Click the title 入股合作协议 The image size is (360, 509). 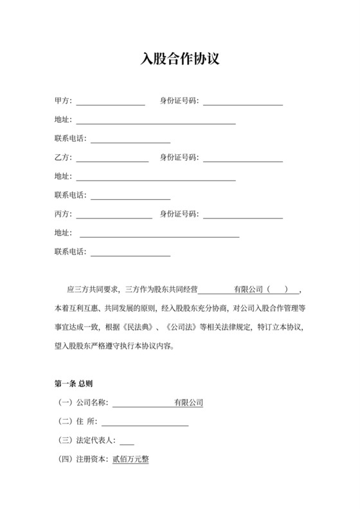pos(180,60)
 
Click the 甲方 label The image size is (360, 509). pos(63,101)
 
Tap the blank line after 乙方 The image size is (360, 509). pos(112,157)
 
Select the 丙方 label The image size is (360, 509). pos(63,214)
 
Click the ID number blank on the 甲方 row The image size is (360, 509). pos(243,101)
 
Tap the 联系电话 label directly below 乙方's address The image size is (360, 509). pos(72,195)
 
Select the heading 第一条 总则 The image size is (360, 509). pos(74,384)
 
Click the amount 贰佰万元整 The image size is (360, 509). pos(130,460)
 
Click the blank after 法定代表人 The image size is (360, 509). pos(127,441)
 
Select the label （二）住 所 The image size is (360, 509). pos(77,422)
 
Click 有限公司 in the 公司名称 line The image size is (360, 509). pos(189,403)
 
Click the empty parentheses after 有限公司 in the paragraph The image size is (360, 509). pos(278,289)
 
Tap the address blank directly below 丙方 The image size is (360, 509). pos(159,233)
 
